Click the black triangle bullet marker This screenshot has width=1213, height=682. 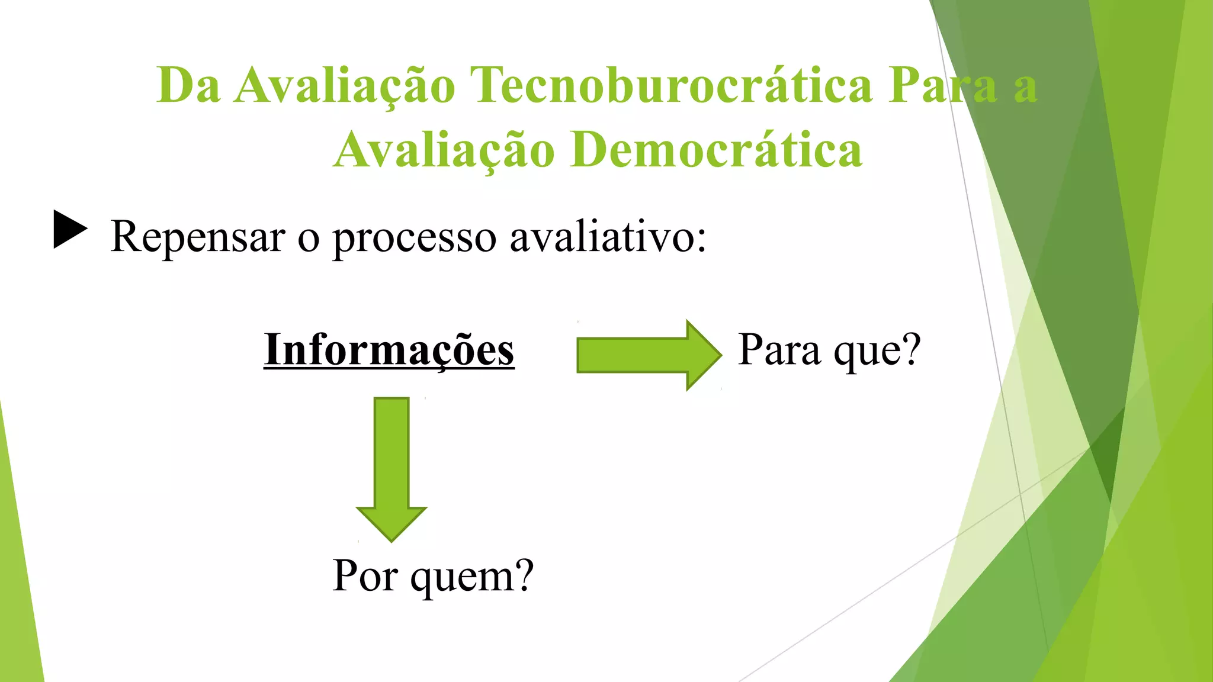click(x=70, y=230)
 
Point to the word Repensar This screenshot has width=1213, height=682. click(x=198, y=237)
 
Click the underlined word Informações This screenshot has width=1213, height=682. click(x=389, y=350)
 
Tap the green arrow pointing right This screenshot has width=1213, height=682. click(x=649, y=355)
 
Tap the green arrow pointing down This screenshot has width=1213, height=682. click(x=392, y=468)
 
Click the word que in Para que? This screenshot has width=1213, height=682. click(x=867, y=352)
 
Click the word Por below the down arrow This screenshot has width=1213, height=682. click(x=365, y=575)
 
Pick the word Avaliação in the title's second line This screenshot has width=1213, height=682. click(x=444, y=150)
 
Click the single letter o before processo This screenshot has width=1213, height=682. click(x=309, y=240)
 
